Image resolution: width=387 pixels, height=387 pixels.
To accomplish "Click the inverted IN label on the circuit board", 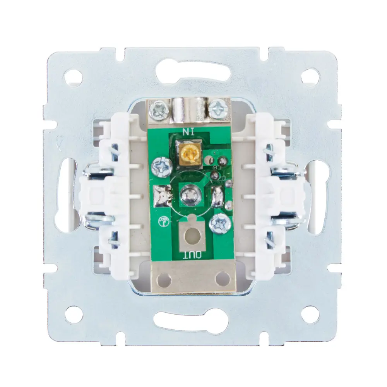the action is pos(188,131).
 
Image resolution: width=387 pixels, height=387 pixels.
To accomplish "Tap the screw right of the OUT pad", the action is pos(220,224).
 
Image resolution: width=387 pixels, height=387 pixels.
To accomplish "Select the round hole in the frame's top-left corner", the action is pos(73,77).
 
